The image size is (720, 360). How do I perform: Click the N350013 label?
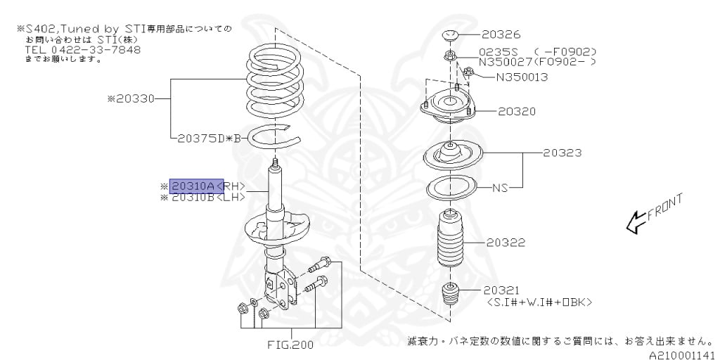pos(522,77)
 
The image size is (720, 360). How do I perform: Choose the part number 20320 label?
pos(517,111)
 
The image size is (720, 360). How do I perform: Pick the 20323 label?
pos(562,152)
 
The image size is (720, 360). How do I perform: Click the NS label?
pos(499,188)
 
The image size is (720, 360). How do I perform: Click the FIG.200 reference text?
pos(290,345)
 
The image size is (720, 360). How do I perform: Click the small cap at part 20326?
pos(450,35)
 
